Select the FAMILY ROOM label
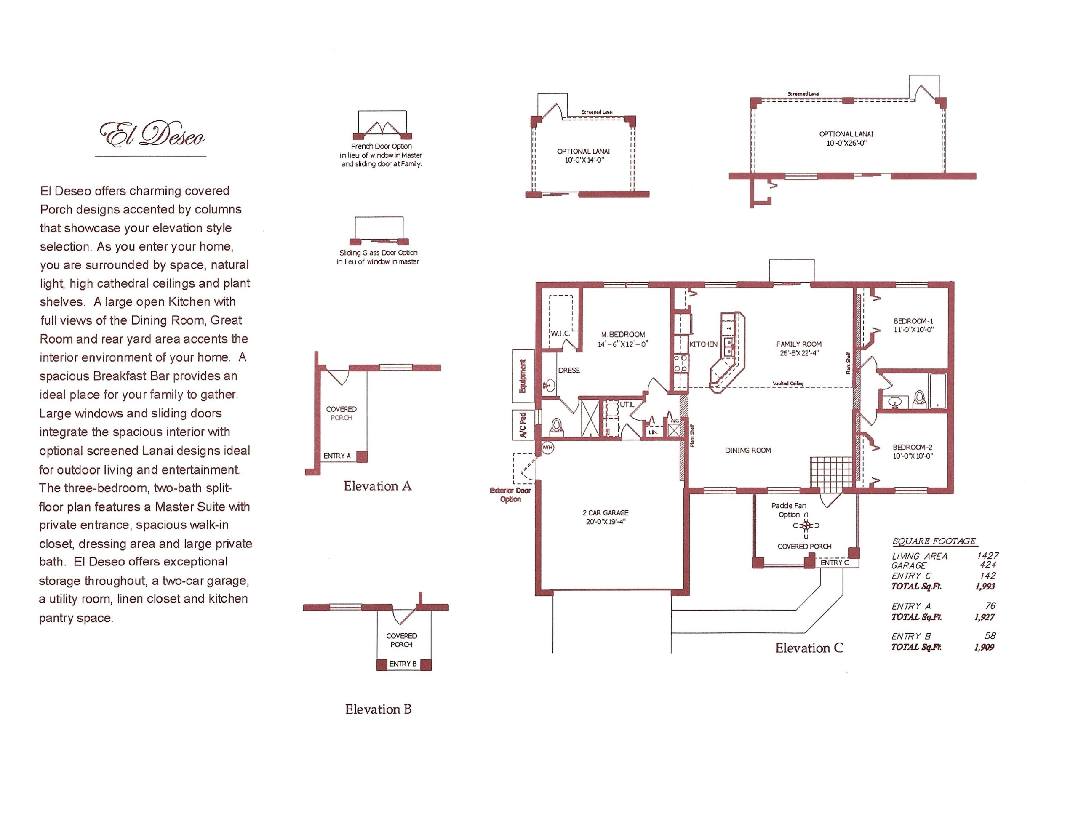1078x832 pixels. pos(799,344)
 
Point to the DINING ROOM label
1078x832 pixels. pos(748,450)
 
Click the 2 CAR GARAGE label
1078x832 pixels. pos(606,513)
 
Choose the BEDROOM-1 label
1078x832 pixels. pos(913,321)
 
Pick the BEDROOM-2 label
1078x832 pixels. pos(912,447)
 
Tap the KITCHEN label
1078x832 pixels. pos(703,344)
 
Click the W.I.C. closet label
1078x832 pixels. pos(560,333)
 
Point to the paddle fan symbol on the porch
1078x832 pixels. pos(806,525)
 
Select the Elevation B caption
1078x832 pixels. pos(378,709)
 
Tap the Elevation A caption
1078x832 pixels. pos(378,486)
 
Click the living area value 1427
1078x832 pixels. pos(987,556)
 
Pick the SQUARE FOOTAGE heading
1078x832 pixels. pos(934,541)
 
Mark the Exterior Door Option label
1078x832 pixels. pos(510,494)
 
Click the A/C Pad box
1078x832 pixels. pos(523,425)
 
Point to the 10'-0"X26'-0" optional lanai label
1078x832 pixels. pos(846,143)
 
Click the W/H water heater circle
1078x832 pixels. pos(547,448)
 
